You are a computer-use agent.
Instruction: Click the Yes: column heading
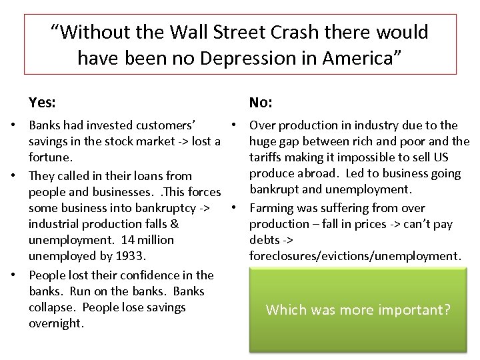click(42, 103)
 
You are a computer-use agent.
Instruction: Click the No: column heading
click(261, 103)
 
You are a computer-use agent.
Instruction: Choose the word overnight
click(56, 323)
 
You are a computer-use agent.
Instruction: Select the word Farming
click(271, 207)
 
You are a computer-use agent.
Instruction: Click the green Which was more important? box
click(358, 309)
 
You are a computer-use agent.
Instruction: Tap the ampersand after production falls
click(175, 224)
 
